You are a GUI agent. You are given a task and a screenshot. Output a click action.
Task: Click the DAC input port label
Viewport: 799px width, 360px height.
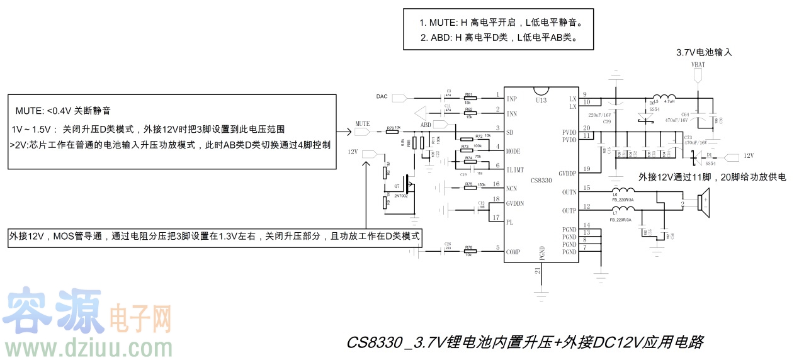382,96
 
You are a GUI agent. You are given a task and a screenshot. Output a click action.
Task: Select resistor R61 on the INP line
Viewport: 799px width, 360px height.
469,98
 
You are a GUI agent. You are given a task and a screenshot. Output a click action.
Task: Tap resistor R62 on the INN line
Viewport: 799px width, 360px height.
469,113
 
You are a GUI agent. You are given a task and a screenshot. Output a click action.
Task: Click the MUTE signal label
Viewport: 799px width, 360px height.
362,123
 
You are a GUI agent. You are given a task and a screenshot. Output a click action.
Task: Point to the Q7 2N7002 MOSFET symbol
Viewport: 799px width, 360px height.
408,185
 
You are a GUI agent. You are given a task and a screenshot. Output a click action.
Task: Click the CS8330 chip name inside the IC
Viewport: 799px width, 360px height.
541,181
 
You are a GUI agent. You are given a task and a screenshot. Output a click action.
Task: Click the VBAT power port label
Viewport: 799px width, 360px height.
698,65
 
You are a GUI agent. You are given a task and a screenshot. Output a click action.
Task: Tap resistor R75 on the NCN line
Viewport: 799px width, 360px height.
469,187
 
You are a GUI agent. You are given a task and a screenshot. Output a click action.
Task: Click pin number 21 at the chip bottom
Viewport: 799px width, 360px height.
537,271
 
